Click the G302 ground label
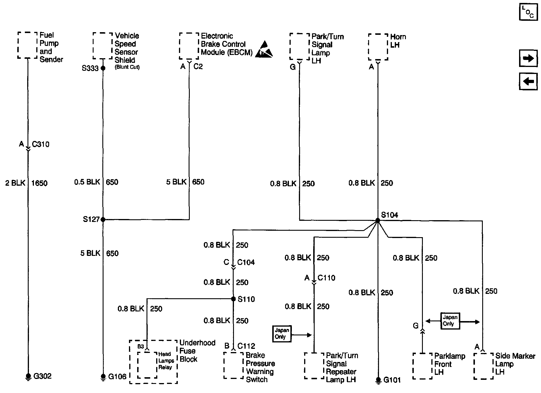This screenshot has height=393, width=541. tap(42, 376)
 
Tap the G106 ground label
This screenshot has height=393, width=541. tap(117, 377)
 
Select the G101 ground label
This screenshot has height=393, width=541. tap(392, 380)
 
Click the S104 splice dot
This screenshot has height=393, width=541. tap(378, 220)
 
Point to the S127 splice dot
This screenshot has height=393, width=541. tap(103, 219)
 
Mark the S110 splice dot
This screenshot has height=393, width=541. tap(233, 299)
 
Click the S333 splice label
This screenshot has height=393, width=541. tap(90, 68)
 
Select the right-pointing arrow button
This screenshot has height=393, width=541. tap(528, 58)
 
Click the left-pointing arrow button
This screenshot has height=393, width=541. tap(528, 81)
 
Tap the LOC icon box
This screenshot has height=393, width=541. tap(528, 12)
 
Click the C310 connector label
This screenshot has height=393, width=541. tap(41, 144)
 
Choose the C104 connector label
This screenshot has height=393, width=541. tap(246, 262)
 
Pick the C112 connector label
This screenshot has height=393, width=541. tap(246, 346)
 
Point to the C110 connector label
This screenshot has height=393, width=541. tap(326, 278)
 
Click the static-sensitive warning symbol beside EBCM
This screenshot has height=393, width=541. tap(264, 49)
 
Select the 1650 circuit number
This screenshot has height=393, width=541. tap(39, 183)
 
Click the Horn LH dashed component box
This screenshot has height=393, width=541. tap(378, 47)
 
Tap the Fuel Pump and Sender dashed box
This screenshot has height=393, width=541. tap(28, 45)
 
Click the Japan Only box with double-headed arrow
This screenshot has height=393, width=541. tap(450, 320)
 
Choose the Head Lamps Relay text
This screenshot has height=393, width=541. tap(166, 361)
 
